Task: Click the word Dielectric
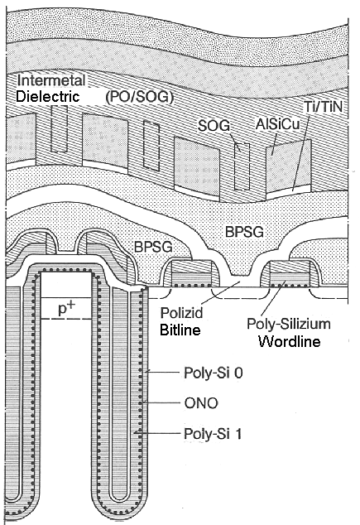tap(46, 97)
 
